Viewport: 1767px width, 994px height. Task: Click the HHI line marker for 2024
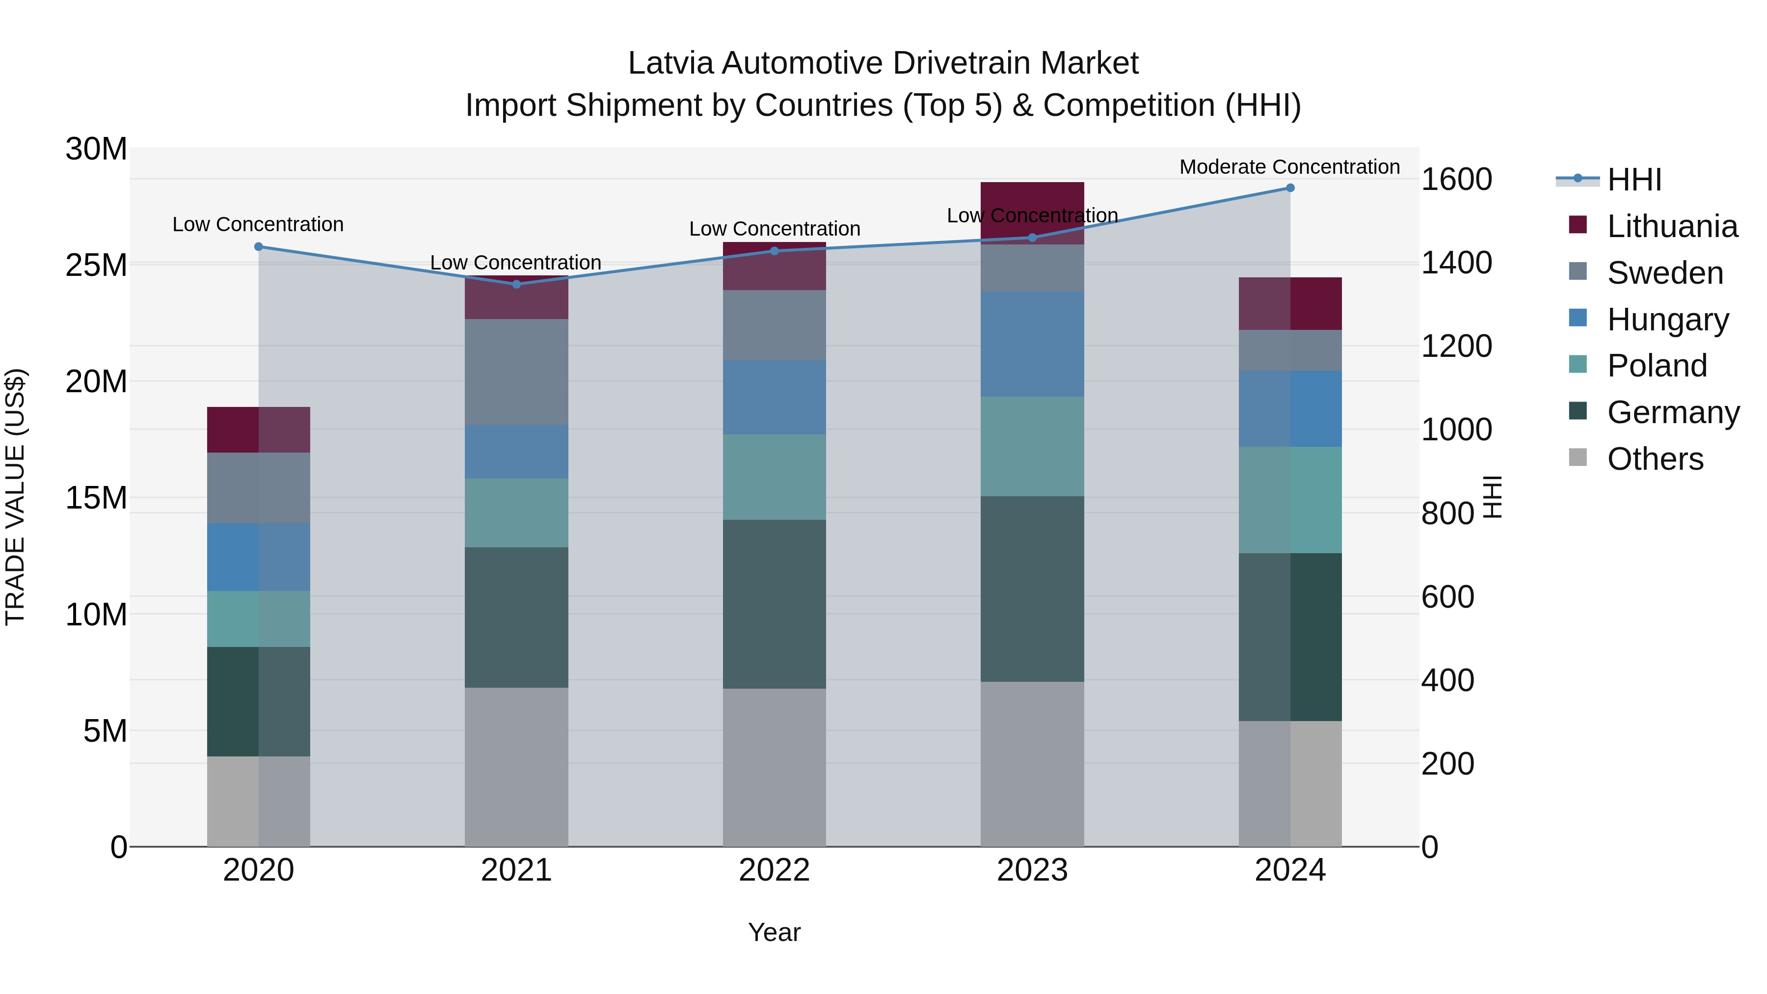tap(1289, 188)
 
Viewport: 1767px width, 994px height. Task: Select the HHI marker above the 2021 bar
tap(516, 284)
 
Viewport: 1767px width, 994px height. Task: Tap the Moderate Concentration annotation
tap(1289, 167)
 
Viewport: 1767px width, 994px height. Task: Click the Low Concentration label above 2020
tap(258, 224)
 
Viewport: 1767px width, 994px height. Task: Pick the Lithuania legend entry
tap(1672, 226)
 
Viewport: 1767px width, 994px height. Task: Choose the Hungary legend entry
tap(1667, 320)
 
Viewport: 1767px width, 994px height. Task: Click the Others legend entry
tap(1655, 459)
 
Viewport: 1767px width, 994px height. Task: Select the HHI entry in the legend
tap(1634, 180)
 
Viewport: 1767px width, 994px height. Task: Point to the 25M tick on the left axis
tap(96, 265)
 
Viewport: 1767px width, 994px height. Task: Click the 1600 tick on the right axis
tap(1456, 180)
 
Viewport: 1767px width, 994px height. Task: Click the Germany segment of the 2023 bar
tap(1032, 589)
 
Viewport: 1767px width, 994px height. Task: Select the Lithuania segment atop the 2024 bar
tap(1289, 303)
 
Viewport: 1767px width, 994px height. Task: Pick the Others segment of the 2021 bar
tap(516, 766)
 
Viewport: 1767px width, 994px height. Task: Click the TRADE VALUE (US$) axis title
tap(15, 497)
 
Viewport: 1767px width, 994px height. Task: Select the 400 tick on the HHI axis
tap(1447, 680)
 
